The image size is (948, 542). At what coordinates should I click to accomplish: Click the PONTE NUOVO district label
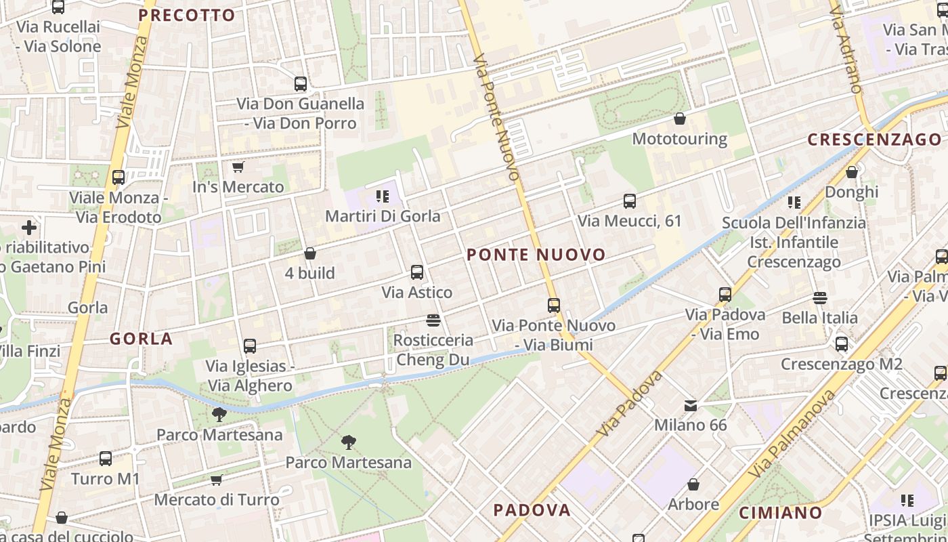pos(536,255)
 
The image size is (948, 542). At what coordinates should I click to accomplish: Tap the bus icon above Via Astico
pos(417,272)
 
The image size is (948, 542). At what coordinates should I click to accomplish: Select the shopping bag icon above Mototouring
pos(680,119)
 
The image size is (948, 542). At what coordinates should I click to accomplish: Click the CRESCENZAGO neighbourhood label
pos(874,140)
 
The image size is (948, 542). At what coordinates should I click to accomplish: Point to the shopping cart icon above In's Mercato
pos(238,167)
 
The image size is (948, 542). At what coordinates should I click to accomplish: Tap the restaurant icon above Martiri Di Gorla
pos(383,196)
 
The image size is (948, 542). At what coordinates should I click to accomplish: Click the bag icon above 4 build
pos(310,253)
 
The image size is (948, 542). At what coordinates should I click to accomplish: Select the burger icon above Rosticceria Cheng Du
pos(433,320)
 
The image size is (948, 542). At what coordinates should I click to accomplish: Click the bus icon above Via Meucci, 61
pos(630,201)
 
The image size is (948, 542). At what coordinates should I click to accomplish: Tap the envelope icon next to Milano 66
pos(691,406)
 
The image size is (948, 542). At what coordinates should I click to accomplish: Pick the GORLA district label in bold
pos(141,339)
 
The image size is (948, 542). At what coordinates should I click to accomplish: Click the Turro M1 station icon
pos(106,459)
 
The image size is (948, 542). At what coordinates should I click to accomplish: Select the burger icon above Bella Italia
pos(820,298)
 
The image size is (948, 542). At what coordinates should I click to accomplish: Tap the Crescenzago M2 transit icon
pos(842,344)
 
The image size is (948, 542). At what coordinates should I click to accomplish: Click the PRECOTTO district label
pos(187,15)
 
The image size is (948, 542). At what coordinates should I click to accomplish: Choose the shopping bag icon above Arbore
pos(693,485)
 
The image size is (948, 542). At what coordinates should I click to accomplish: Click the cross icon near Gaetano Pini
pos(29,228)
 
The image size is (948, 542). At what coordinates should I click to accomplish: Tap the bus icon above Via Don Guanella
pos(301,84)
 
